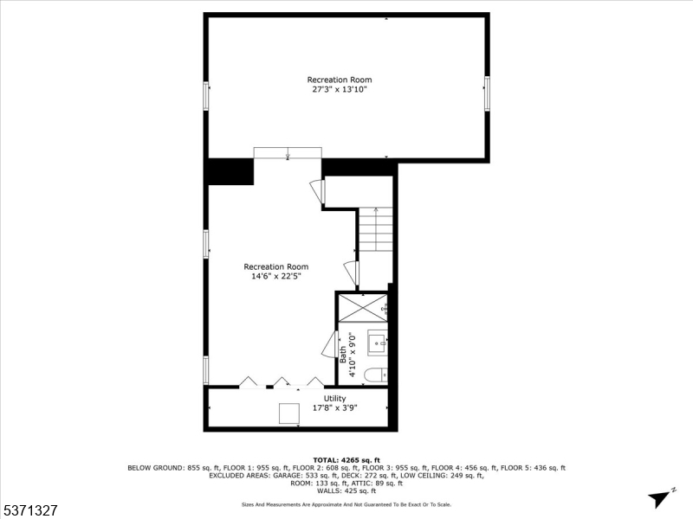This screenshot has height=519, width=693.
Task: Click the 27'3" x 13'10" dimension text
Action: click(x=346, y=89)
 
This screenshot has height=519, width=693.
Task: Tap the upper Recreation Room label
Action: click(x=346, y=80)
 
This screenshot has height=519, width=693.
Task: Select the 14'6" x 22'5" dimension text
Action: click(x=275, y=277)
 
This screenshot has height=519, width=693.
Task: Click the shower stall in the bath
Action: click(x=363, y=306)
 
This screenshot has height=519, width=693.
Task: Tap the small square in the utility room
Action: click(x=288, y=413)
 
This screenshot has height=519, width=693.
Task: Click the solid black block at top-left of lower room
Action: click(x=230, y=171)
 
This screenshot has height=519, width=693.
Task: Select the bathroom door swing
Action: click(x=330, y=344)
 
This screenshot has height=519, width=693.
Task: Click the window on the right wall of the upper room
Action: click(x=487, y=93)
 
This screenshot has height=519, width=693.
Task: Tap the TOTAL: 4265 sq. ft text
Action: click(x=346, y=459)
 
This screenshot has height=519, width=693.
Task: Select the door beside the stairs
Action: click(x=352, y=273)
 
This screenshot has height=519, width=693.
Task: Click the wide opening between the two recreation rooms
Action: click(x=287, y=153)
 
